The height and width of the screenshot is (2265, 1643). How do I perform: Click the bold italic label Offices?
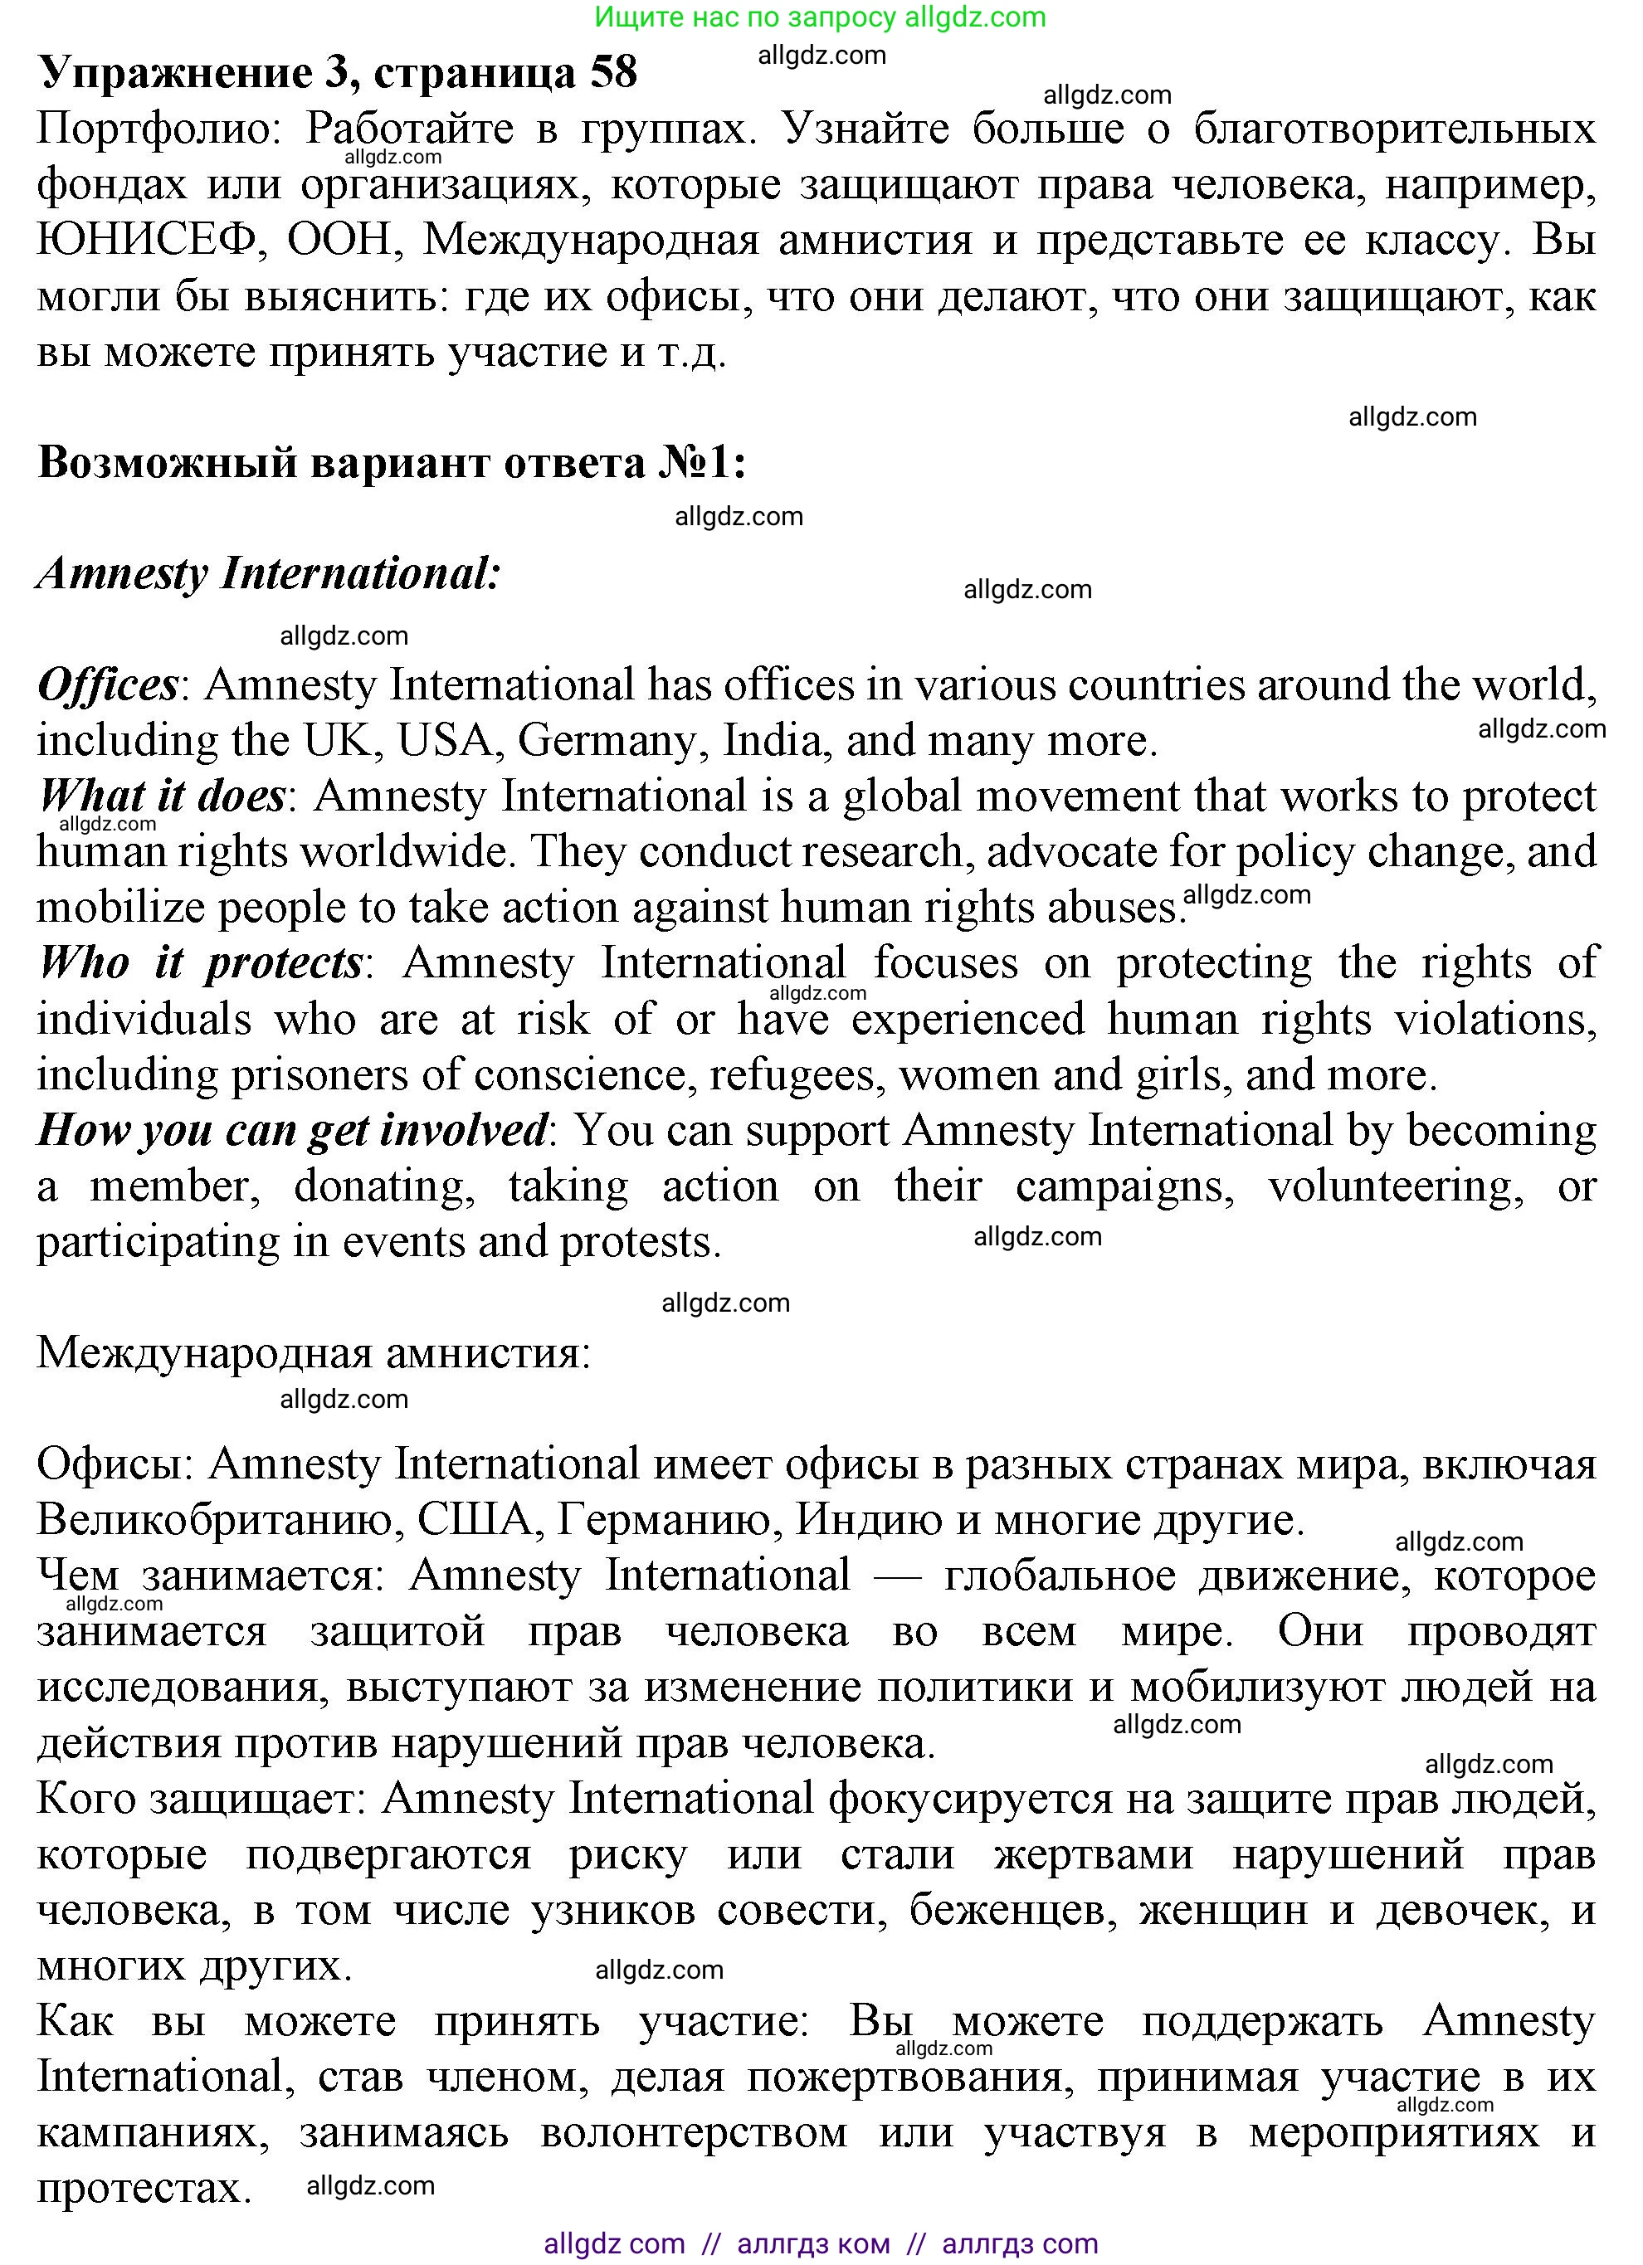(x=108, y=685)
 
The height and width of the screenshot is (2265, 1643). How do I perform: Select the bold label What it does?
(x=162, y=796)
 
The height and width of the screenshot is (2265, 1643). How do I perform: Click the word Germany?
(x=609, y=741)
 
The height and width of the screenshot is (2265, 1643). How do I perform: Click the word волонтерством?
(x=693, y=2133)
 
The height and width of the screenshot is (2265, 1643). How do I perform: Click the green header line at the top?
(x=820, y=16)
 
